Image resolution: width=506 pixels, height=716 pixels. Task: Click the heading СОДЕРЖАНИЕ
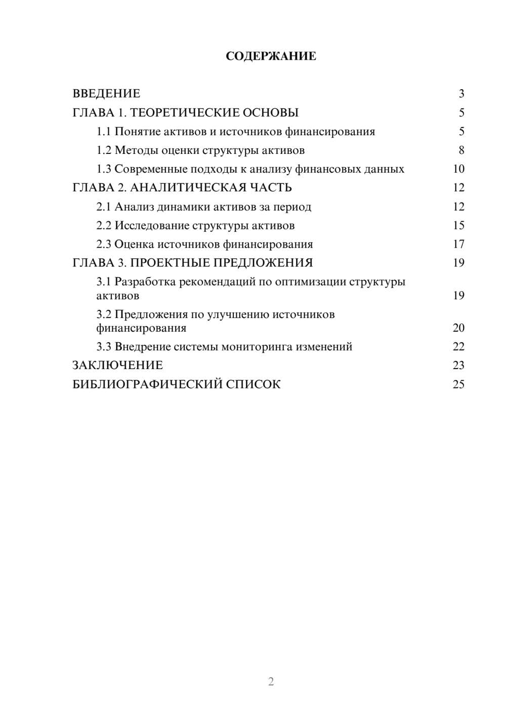271,56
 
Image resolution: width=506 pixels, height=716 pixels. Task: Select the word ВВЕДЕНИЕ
106,94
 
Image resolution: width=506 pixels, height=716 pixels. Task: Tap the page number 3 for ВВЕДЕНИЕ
461,94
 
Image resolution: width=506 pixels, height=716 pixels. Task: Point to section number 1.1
104,132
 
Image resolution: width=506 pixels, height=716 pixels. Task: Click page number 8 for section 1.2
461,150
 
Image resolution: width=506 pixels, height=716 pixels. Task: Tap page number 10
458,169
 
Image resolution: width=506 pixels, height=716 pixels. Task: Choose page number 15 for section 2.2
458,225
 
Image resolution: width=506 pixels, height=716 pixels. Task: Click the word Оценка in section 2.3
134,245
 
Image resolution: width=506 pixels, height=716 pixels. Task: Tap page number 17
458,245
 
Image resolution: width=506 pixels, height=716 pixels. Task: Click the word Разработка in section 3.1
145,282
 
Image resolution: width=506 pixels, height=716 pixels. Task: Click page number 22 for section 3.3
458,347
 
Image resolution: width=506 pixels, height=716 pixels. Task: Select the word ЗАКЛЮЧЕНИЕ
117,366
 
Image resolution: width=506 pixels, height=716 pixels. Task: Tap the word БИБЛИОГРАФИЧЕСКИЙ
147,384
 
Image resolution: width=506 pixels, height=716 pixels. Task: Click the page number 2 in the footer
271,682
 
